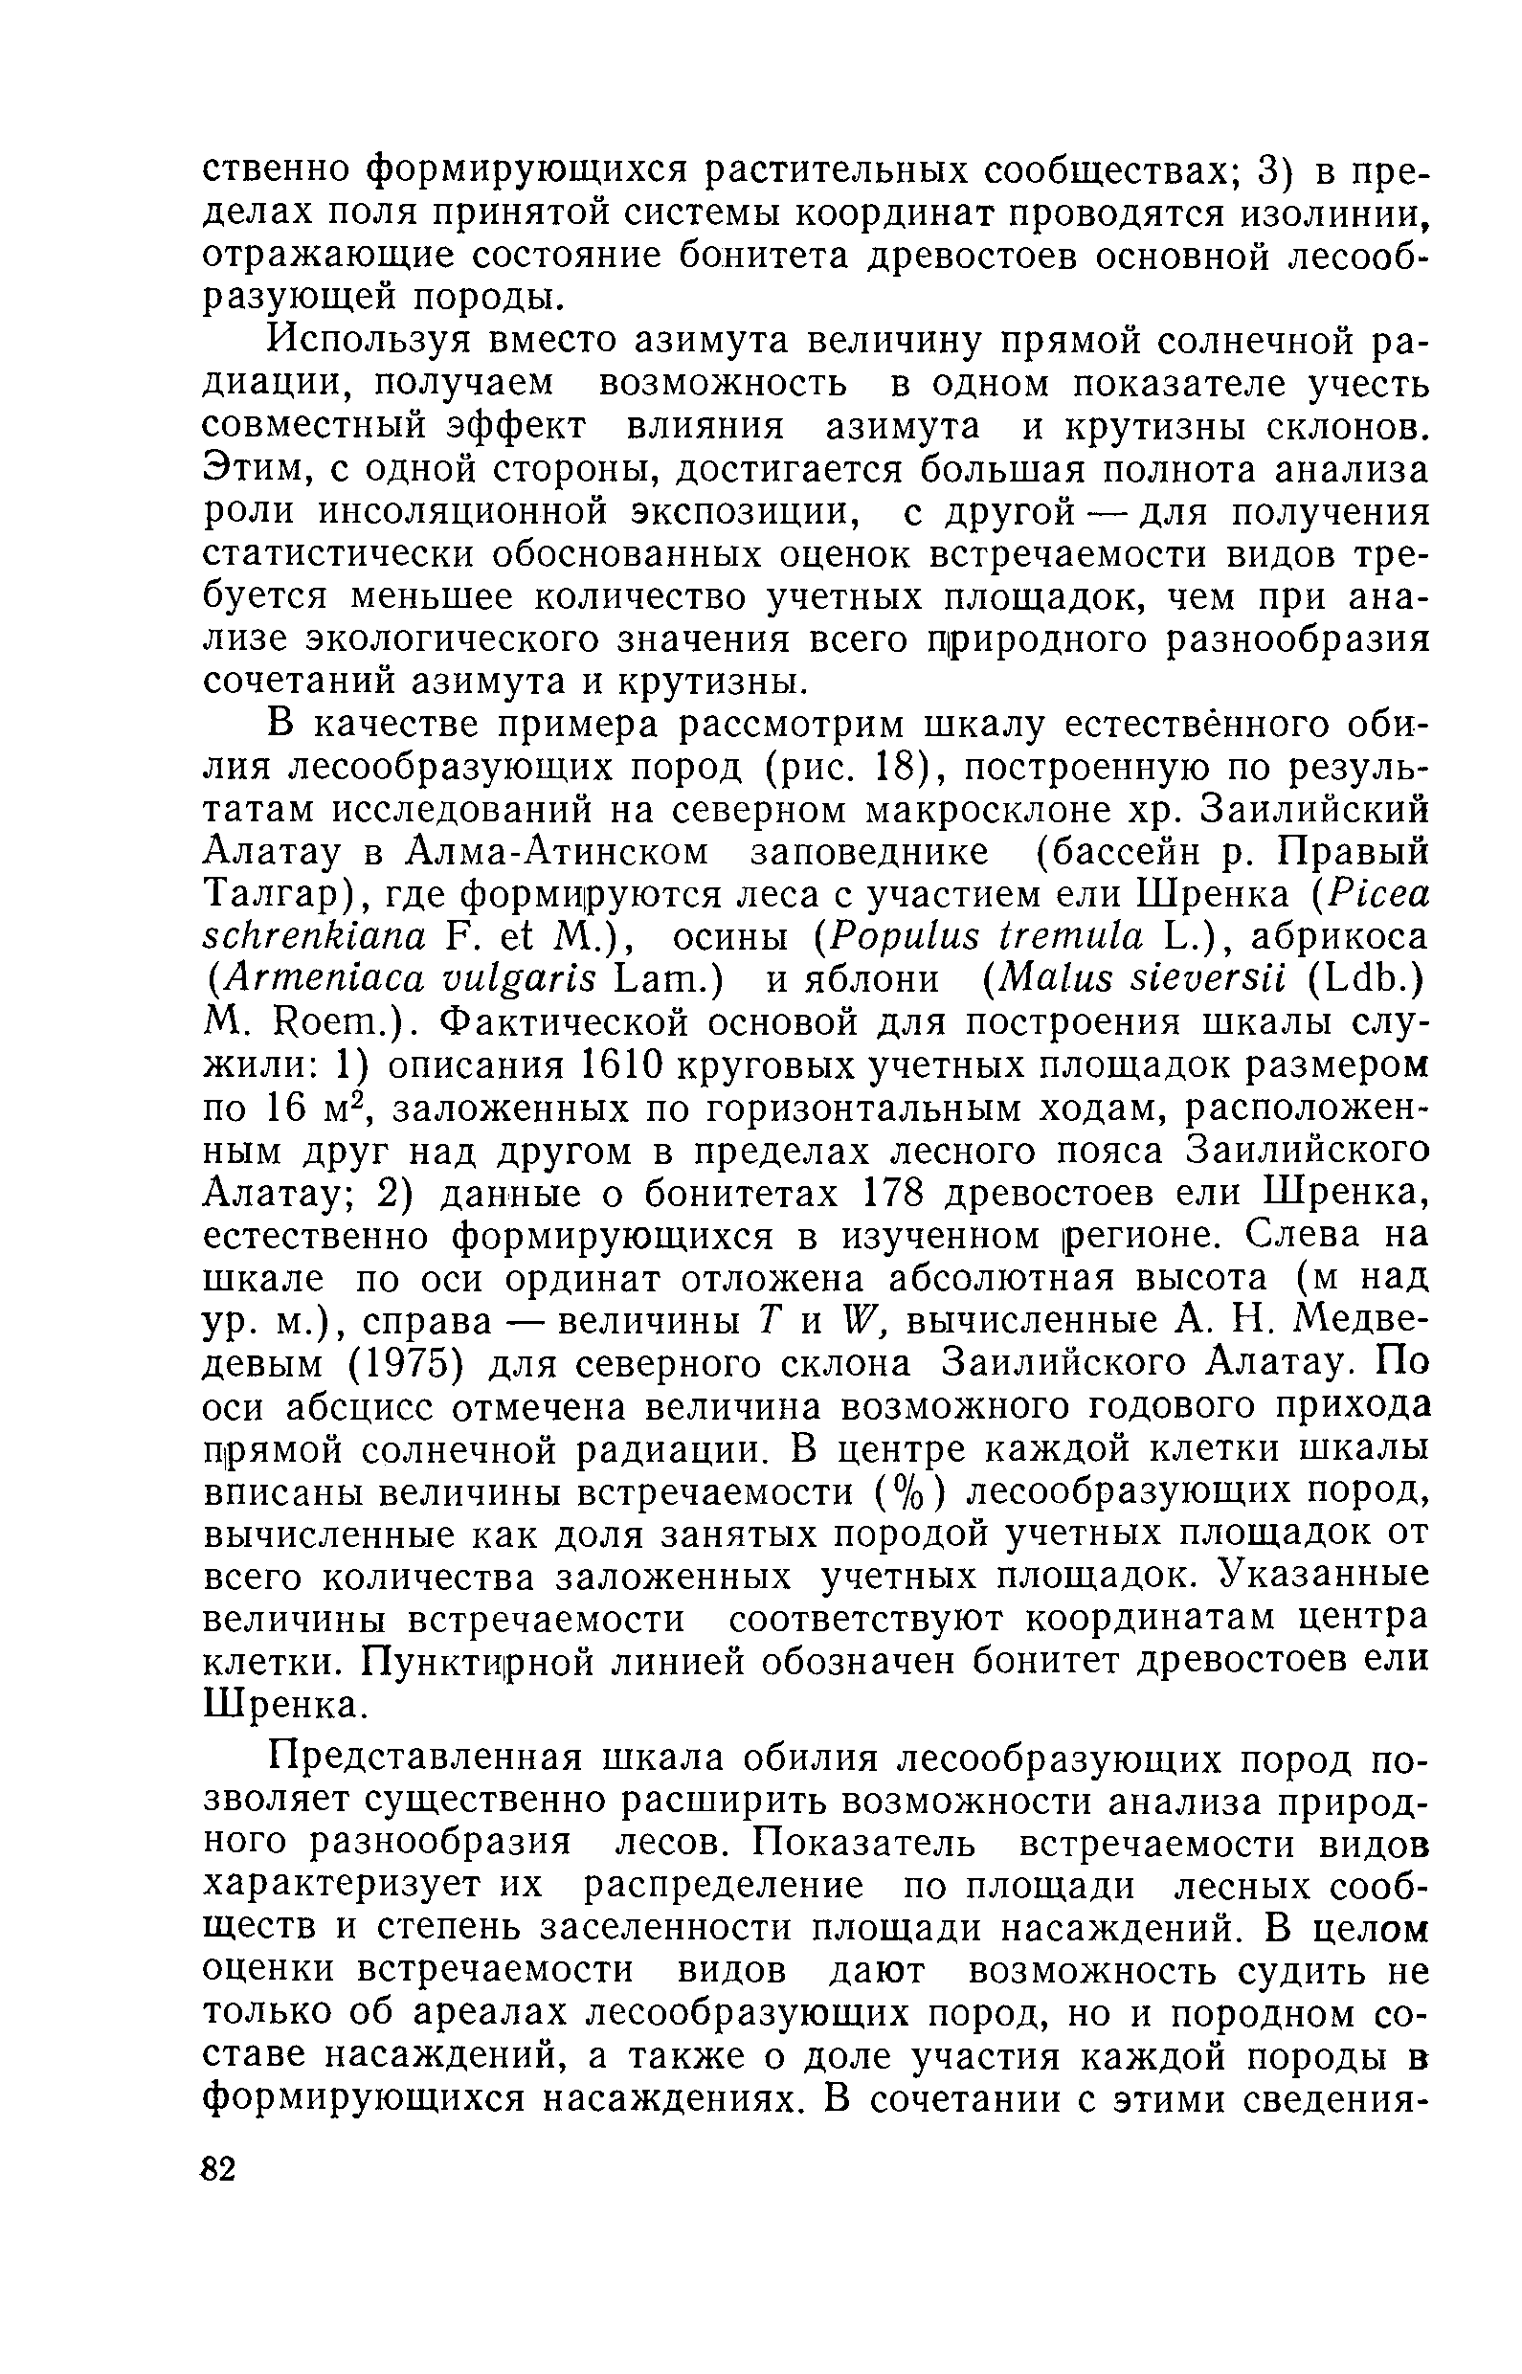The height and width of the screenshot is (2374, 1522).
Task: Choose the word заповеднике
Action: coord(869,853)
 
